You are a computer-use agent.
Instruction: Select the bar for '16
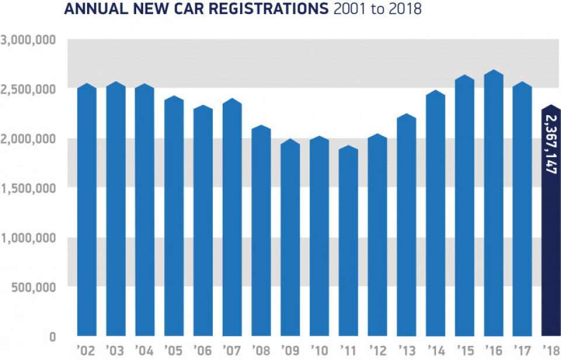pyautogui.click(x=493, y=205)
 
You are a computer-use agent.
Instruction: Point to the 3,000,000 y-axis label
pyautogui.click(x=28, y=40)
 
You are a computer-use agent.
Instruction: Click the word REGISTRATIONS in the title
pyautogui.click(x=270, y=10)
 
